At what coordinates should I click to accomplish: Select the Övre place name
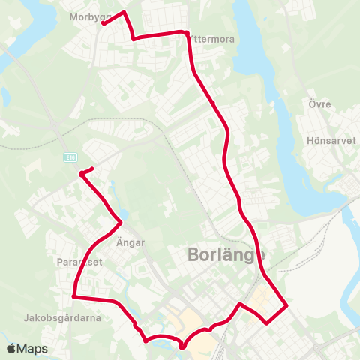coord(319,103)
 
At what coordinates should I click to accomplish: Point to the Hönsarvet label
coord(330,140)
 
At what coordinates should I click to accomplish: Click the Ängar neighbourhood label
coord(130,242)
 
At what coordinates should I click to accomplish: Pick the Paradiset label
coord(79,262)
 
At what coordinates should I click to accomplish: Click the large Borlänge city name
coord(225,256)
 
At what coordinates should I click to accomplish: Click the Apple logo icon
coord(11,349)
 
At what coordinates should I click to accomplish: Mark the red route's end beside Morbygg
coord(102,23)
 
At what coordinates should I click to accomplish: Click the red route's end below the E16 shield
coord(80,174)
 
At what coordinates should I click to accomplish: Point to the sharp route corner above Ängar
coord(121,221)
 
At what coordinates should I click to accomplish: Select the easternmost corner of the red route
coord(287,305)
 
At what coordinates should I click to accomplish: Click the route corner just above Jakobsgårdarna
coord(73,296)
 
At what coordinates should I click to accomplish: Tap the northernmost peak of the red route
coord(122,11)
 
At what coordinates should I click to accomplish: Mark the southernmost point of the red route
coord(182,346)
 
